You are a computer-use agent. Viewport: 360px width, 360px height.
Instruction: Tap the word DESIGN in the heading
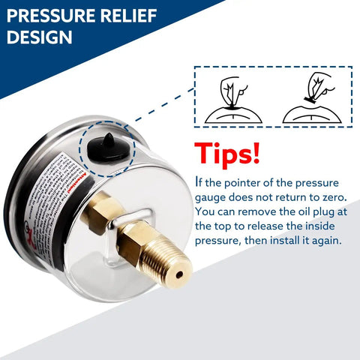pyautogui.click(x=40, y=37)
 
